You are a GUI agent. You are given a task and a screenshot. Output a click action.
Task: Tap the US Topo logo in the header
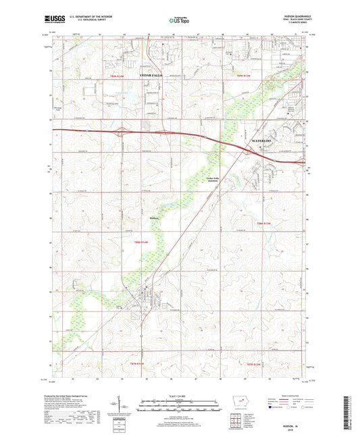click(177, 21)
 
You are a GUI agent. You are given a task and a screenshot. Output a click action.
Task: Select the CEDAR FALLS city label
click(151, 75)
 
